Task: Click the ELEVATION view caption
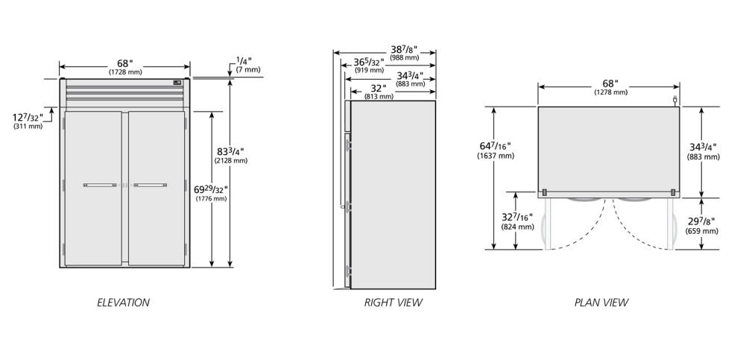pos(123,302)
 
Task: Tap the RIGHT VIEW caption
pos(393,302)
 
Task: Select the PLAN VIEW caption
pos(601,302)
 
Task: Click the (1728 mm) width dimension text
pos(125,72)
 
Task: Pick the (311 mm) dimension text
pos(28,127)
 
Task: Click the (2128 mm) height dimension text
pos(231,160)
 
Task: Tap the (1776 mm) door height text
pos(211,198)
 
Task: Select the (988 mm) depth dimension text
pos(404,57)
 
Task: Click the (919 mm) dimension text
pos(369,70)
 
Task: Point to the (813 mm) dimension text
pos(379,96)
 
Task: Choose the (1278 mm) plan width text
pos(610,92)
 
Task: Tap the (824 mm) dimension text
pos(517,227)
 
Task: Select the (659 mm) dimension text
pos(702,231)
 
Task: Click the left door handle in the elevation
pos(100,185)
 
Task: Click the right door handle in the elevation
pos(150,185)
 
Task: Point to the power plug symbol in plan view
pos(675,101)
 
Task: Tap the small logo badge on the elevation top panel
pos(177,83)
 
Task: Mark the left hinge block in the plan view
pos(544,192)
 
